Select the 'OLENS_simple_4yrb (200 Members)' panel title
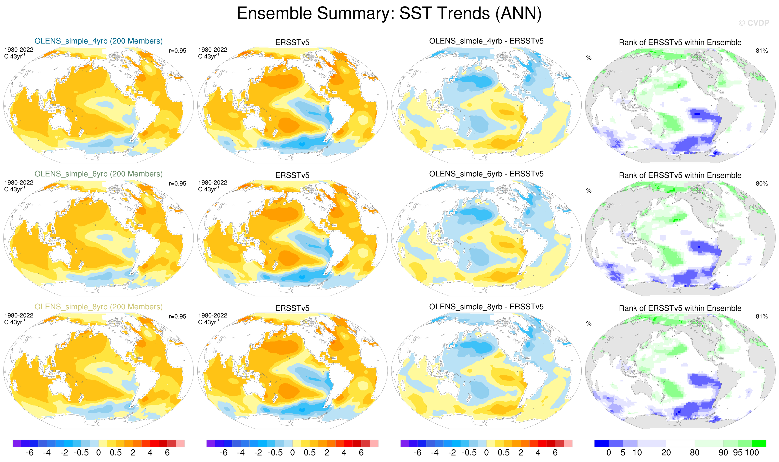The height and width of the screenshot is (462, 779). pyautogui.click(x=98, y=41)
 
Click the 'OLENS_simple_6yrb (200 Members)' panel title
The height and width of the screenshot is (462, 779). pyautogui.click(x=98, y=174)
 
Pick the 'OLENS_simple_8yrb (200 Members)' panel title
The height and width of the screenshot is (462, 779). pyautogui.click(x=98, y=307)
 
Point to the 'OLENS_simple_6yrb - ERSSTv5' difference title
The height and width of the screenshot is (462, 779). pyautogui.click(x=486, y=174)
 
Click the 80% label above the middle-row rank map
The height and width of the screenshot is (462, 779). pyautogui.click(x=762, y=184)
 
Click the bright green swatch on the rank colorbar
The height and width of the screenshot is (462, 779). pyautogui.click(x=759, y=443)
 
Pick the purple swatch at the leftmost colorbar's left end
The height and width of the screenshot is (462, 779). pyautogui.click(x=17, y=443)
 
